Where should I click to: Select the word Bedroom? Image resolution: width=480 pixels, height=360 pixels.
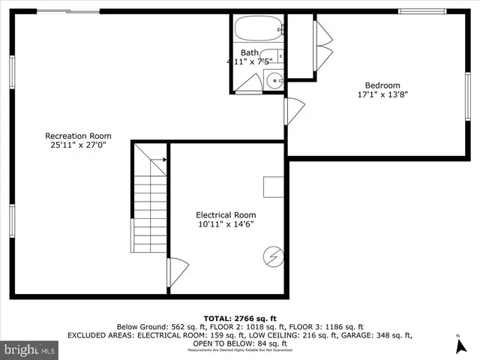[x=382, y=85]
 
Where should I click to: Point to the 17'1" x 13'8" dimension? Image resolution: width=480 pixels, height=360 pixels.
[x=382, y=94]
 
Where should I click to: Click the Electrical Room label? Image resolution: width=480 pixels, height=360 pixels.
[x=226, y=214]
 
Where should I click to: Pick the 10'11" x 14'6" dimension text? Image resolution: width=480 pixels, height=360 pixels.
[x=226, y=224]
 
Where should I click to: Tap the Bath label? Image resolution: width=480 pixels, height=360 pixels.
[x=250, y=52]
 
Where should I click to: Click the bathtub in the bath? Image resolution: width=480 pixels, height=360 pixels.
[x=257, y=31]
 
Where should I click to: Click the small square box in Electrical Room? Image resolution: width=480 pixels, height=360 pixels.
[x=273, y=187]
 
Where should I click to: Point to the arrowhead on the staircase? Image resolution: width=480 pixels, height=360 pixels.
[x=163, y=160]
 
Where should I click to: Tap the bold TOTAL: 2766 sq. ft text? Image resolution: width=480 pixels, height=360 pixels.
[x=240, y=318]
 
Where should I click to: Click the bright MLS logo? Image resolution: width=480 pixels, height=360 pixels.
[x=30, y=349]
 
